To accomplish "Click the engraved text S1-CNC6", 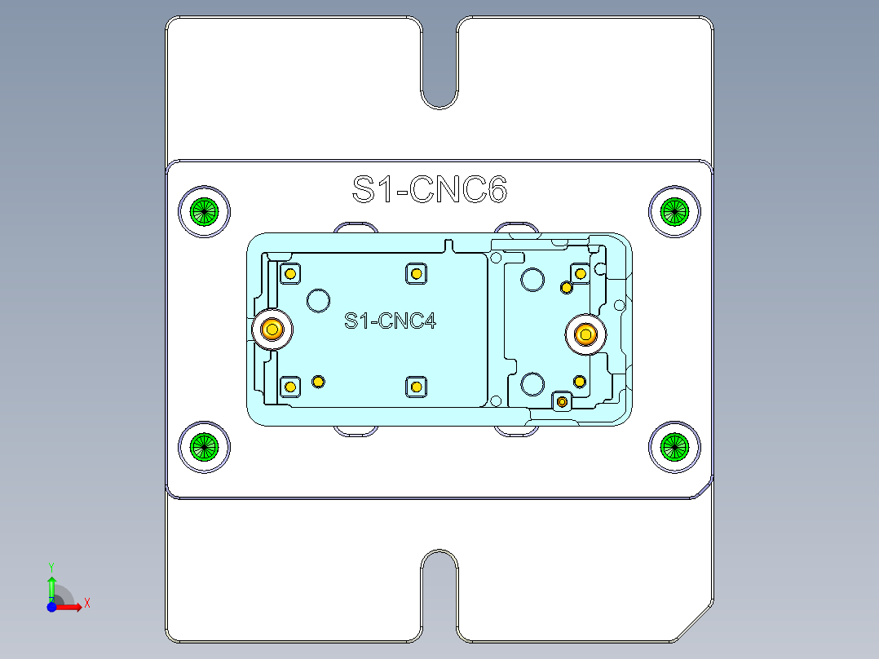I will point(430,190).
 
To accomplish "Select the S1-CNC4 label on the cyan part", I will point(390,321).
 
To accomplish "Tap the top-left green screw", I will point(204,211).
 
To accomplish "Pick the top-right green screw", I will point(674,211).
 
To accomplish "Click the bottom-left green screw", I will point(204,446).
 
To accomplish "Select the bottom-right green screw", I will point(674,446).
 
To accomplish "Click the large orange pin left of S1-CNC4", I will point(272,329).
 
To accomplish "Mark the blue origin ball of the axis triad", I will point(51,607).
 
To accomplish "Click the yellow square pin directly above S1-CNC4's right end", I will point(416,273).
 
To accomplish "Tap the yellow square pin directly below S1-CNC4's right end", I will point(416,386).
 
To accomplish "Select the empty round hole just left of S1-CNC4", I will point(317,300).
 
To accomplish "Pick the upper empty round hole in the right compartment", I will point(532,280).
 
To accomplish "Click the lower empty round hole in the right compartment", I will point(532,383).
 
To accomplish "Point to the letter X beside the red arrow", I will point(86,603).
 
